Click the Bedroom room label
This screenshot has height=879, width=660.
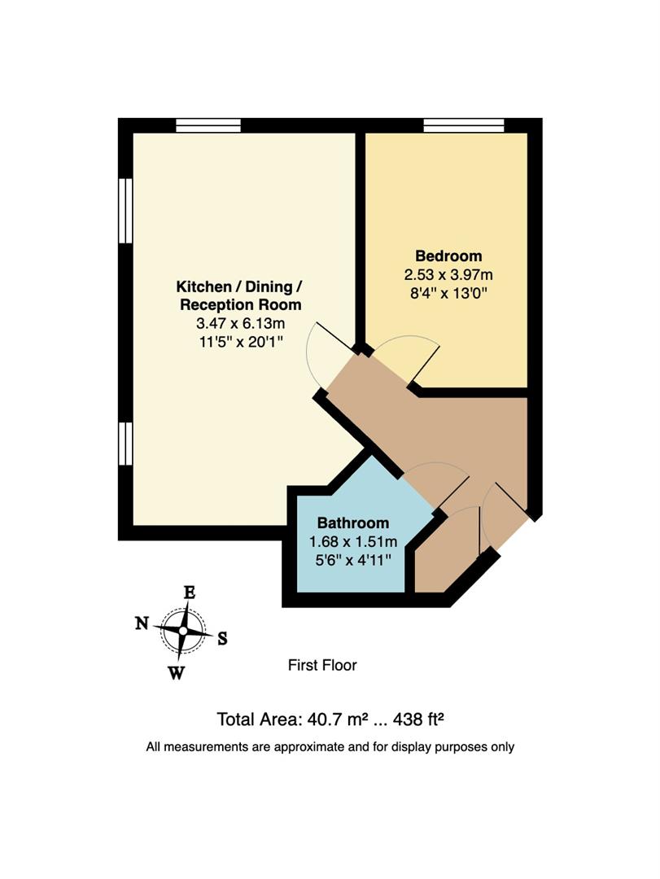click(x=448, y=256)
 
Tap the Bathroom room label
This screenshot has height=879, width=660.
click(x=352, y=523)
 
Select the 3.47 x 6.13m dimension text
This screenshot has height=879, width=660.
click(x=240, y=323)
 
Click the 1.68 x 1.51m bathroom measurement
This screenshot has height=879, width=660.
click(x=352, y=541)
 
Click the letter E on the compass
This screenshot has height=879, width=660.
click(x=189, y=593)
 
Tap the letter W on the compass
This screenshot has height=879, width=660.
click(x=177, y=671)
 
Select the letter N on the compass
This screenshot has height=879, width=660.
click(x=142, y=624)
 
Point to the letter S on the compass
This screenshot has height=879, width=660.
click(x=222, y=639)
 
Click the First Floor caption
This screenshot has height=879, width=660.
click(x=322, y=665)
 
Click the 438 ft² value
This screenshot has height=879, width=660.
click(x=421, y=719)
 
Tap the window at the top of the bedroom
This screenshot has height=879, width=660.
click(x=464, y=125)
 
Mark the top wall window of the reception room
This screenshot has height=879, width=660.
click(x=208, y=125)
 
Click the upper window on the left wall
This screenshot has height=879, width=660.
click(x=125, y=210)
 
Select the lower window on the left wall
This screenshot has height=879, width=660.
click(x=125, y=444)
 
